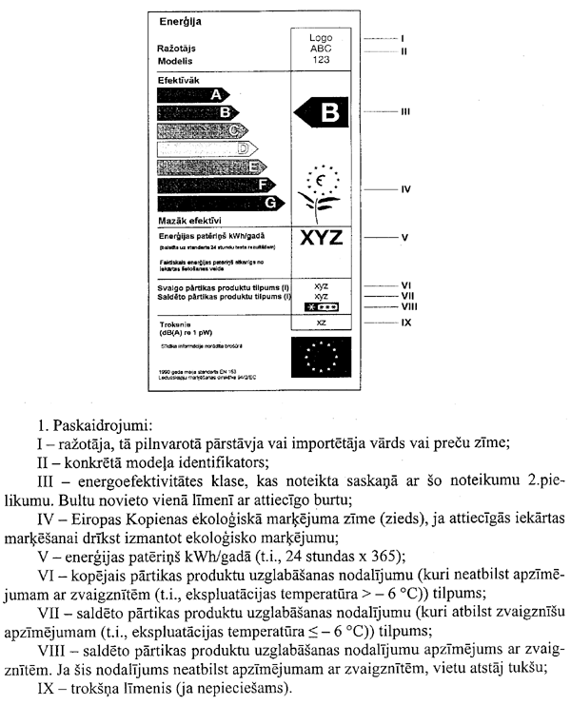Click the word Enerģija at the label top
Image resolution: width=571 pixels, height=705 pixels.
(x=180, y=19)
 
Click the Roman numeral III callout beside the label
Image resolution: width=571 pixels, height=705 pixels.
(x=405, y=111)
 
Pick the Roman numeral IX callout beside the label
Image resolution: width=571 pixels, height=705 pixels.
(x=405, y=323)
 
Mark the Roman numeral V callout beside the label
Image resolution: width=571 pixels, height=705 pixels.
(x=404, y=236)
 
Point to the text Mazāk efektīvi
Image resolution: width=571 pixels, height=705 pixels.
(x=190, y=221)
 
